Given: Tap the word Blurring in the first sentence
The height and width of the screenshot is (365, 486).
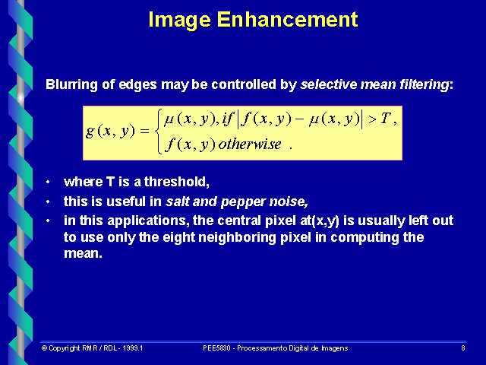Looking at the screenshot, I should point(71,84).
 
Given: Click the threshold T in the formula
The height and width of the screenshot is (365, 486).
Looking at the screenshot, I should point(385,119).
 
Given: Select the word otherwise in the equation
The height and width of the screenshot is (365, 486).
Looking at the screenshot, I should point(249,144).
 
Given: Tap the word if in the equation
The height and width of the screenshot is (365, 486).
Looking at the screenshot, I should point(229,119).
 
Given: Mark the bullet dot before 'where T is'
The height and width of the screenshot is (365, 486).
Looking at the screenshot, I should point(49,182).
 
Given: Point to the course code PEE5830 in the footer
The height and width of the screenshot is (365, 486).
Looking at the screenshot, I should point(220,348).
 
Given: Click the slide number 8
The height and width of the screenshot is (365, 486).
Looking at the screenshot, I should point(462,348).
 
